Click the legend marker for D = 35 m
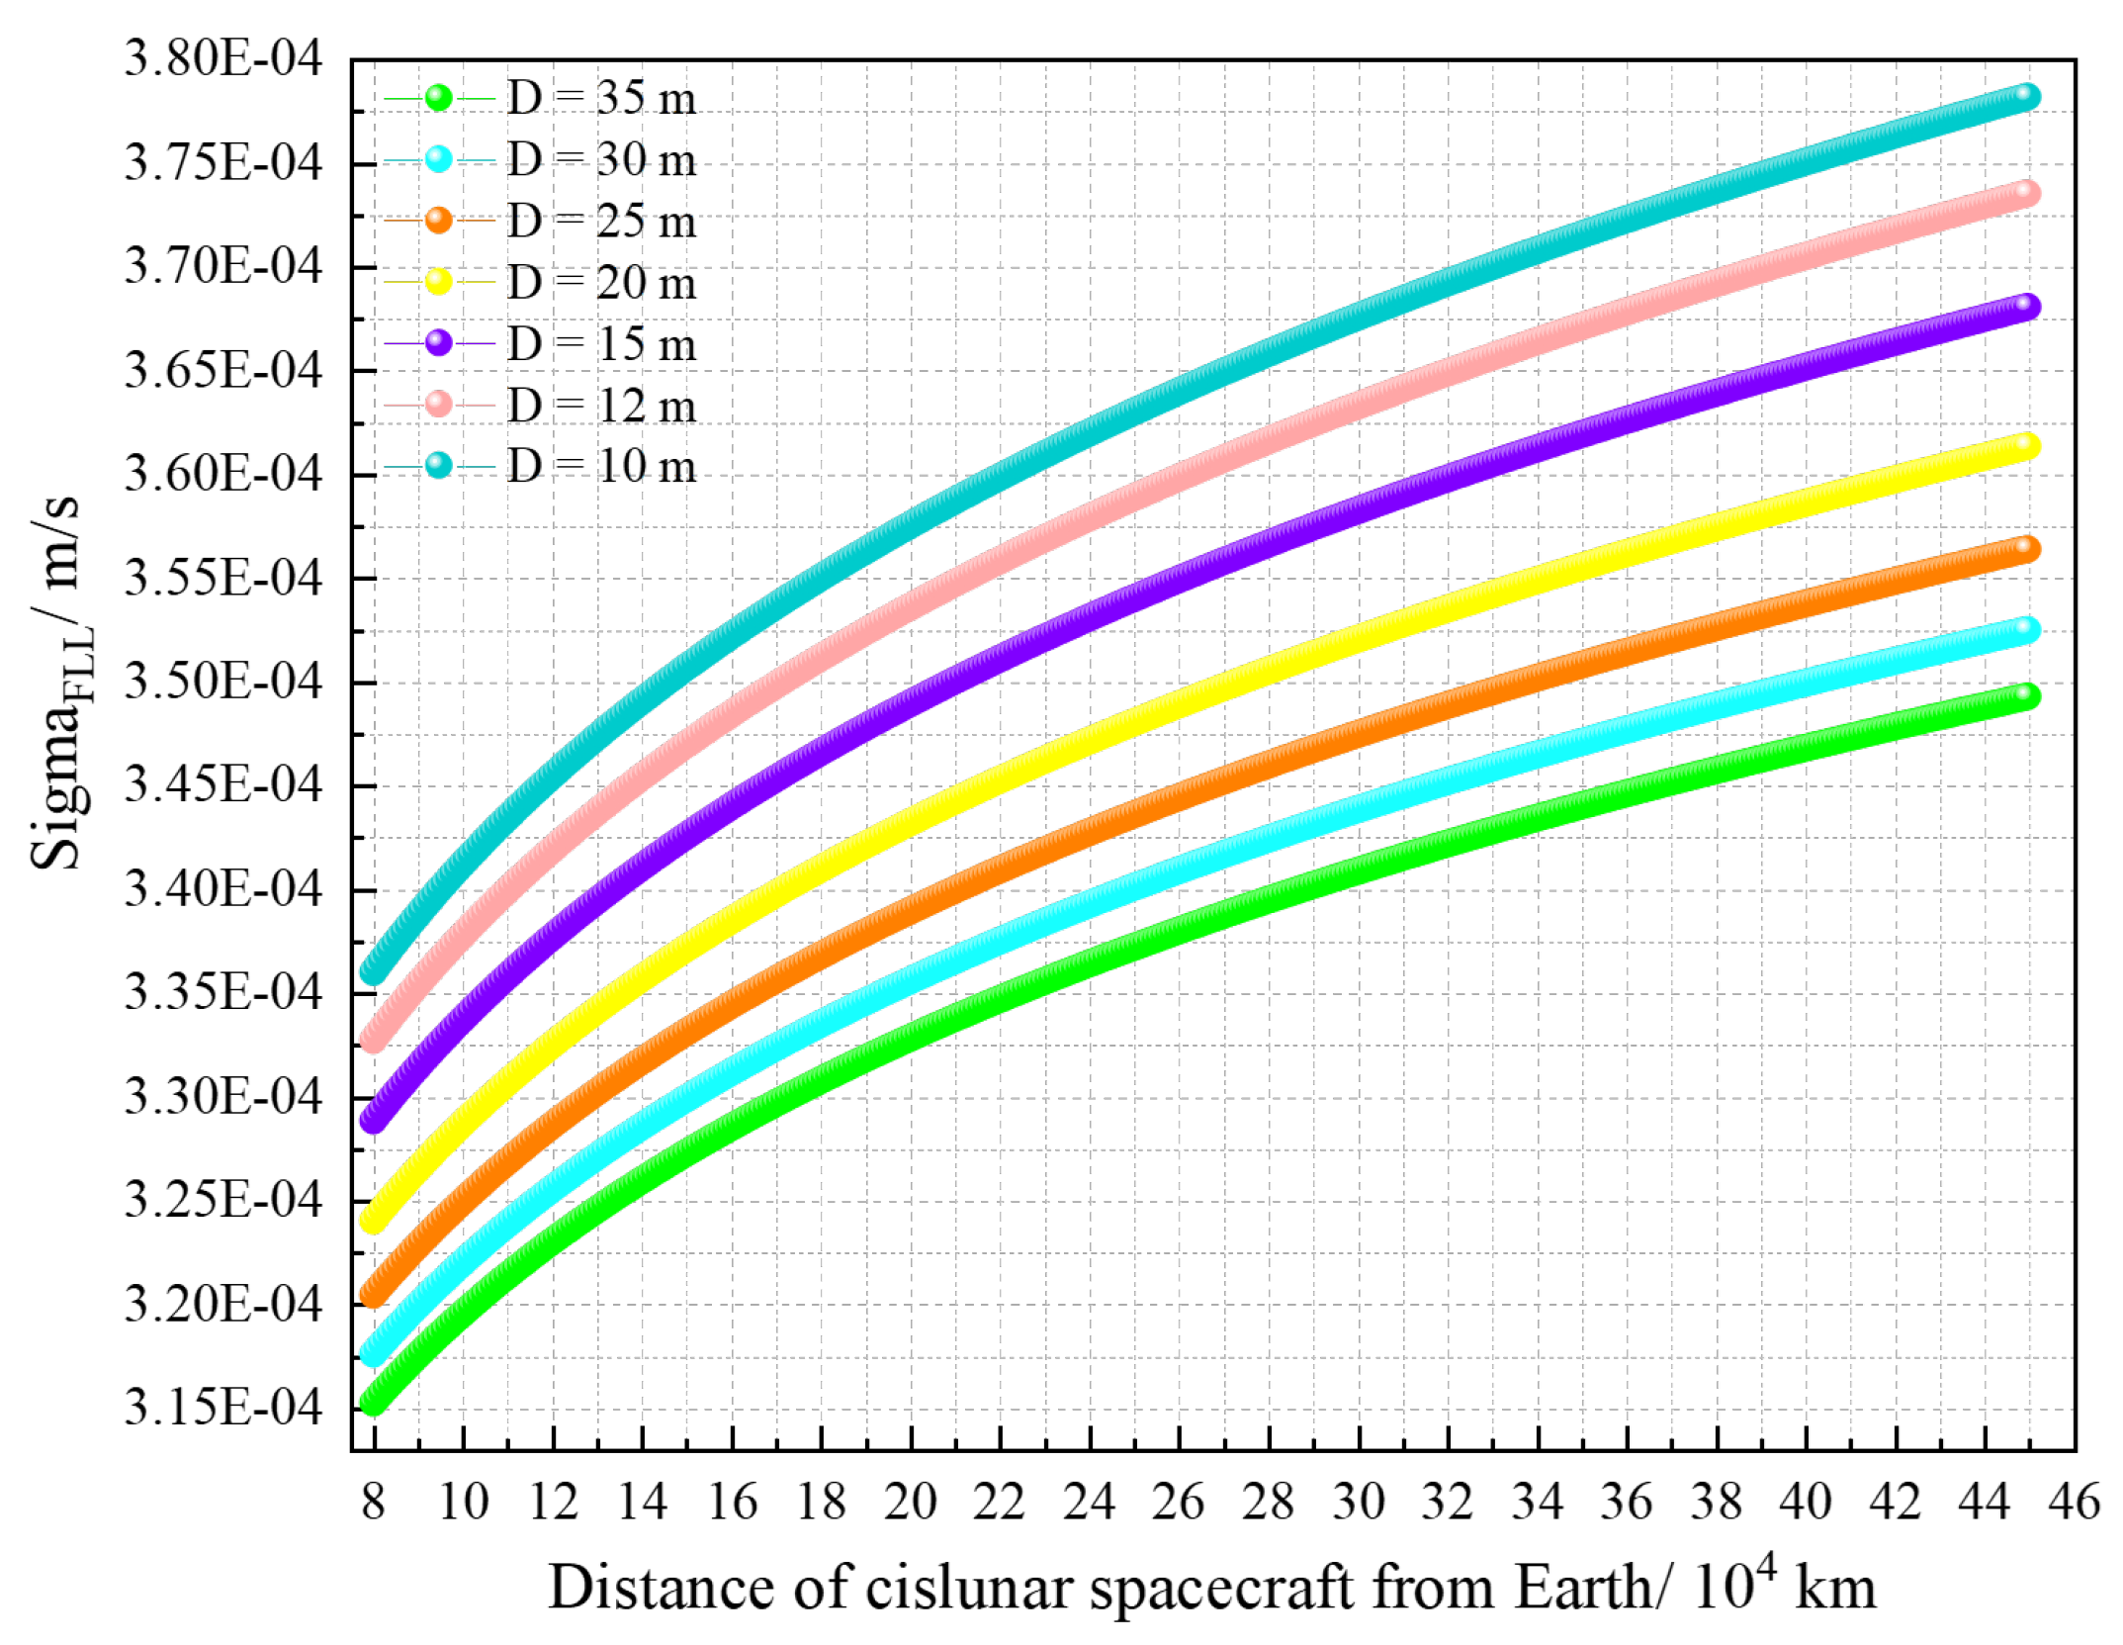click(x=438, y=97)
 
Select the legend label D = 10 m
click(x=601, y=466)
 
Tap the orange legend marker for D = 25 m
click(x=438, y=220)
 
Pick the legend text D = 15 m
click(x=601, y=344)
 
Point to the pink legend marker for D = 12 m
click(x=438, y=404)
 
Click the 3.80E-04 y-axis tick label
click(x=222, y=59)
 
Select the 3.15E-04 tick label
click(x=222, y=1408)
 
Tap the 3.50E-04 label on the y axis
click(x=222, y=682)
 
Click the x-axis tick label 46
click(x=2073, y=1502)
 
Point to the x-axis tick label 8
click(x=373, y=1502)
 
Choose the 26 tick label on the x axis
click(x=1178, y=1502)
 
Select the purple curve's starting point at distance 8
click(x=373, y=1119)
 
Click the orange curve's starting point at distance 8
click(x=373, y=1293)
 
